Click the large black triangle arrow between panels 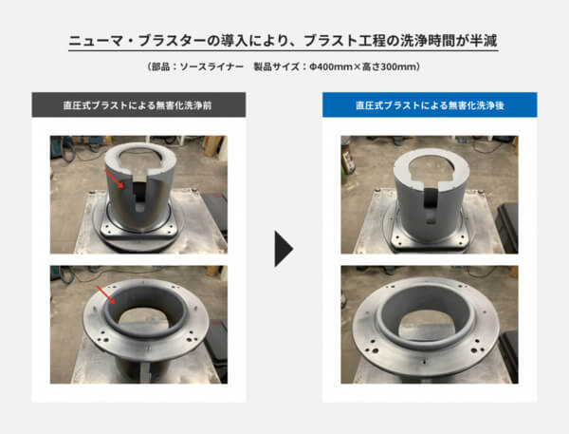pyautogui.click(x=283, y=249)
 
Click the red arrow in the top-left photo pyautogui.click(x=114, y=179)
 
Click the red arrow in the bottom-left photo pyautogui.click(x=106, y=294)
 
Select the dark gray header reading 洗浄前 pyautogui.click(x=138, y=104)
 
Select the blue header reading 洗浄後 pyautogui.click(x=430, y=104)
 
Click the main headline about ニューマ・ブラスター pyautogui.click(x=283, y=41)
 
